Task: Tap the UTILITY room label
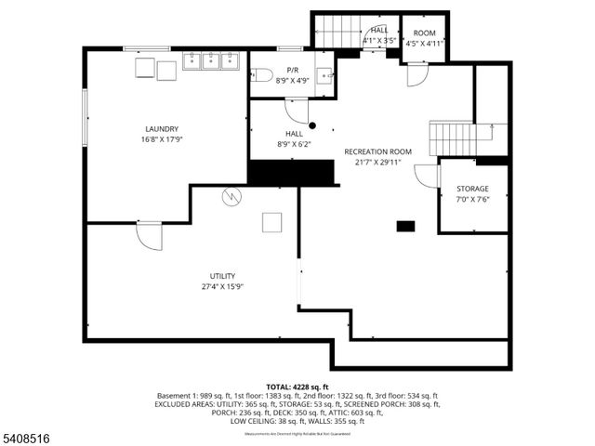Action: point(222,276)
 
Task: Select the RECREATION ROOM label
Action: point(377,151)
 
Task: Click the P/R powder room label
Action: point(292,71)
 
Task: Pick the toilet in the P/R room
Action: point(261,76)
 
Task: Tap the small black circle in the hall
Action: point(312,125)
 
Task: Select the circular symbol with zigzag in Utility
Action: point(231,196)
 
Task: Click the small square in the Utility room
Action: point(272,221)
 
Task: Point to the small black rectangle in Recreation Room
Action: point(405,226)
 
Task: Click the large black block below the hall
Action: point(291,172)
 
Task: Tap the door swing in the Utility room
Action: point(148,236)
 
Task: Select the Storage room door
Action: point(427,176)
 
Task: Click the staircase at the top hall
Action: point(335,32)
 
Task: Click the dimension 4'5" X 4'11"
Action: point(424,42)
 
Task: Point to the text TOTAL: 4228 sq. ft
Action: point(297,386)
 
